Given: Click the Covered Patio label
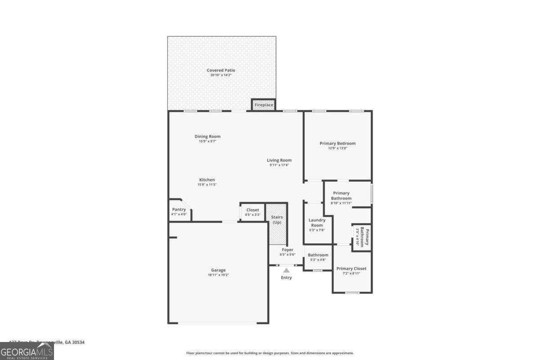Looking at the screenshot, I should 220,70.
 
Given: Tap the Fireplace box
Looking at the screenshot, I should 264,105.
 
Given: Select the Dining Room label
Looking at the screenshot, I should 207,136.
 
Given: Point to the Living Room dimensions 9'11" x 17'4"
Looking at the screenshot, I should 279,165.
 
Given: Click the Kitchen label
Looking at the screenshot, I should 207,180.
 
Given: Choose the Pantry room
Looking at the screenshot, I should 179,211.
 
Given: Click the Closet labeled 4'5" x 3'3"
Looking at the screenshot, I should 252,212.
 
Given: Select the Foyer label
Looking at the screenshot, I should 287,250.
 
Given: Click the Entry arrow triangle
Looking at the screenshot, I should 286,270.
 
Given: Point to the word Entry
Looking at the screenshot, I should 286,278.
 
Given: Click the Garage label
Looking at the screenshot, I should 218,270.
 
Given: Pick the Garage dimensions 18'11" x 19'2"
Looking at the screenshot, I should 218,275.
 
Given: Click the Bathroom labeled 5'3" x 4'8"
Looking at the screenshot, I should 318,257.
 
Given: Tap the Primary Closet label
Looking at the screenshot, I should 351,269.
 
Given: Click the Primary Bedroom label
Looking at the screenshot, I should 337,144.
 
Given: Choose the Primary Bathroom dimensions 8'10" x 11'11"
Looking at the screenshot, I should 341,203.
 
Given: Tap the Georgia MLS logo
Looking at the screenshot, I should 27,351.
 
